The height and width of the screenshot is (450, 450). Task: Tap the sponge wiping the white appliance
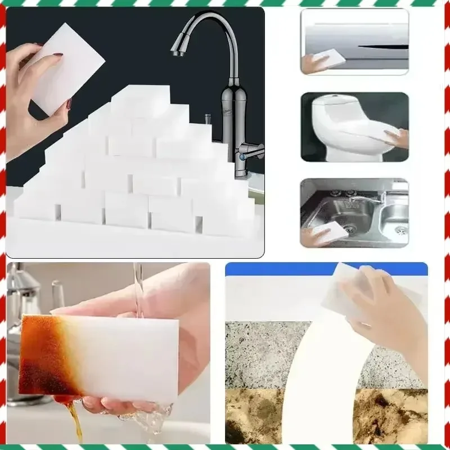(x=329, y=57)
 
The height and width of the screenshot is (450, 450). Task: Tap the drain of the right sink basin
(x=400, y=229)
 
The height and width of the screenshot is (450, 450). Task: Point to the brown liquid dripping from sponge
(x=73, y=419)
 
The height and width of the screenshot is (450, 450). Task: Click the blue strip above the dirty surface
(x=281, y=269)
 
